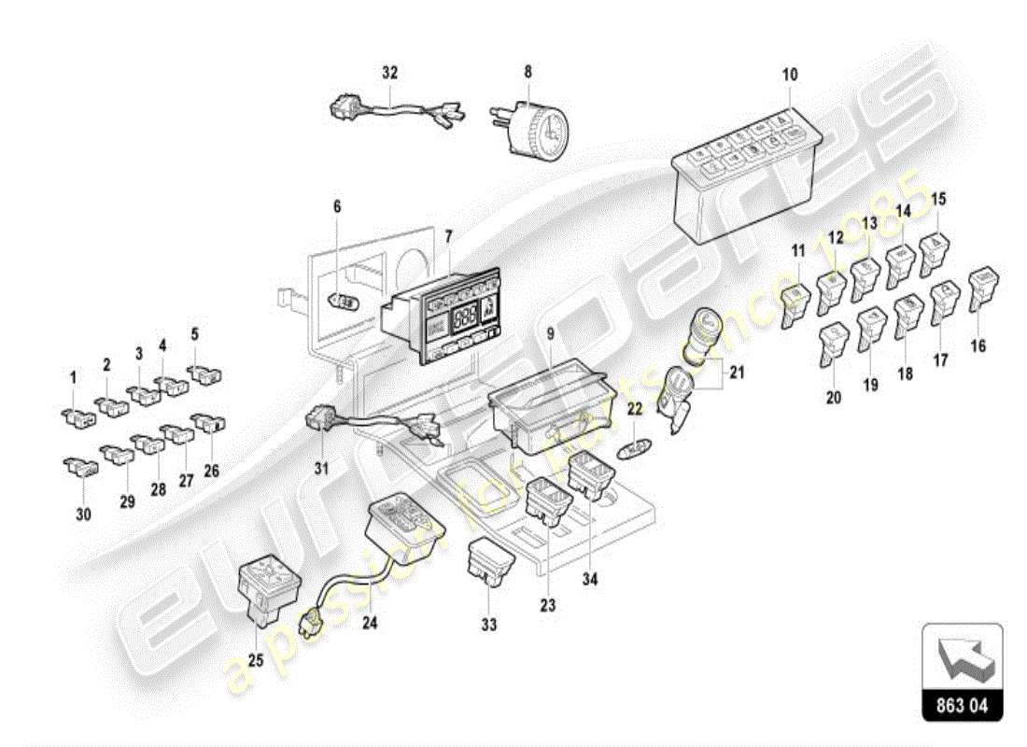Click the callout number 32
[390, 71]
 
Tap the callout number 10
[790, 74]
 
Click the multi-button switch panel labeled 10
[747, 177]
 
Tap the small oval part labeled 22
[633, 448]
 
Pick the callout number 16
[978, 346]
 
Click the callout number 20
[833, 397]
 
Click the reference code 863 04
[963, 707]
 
